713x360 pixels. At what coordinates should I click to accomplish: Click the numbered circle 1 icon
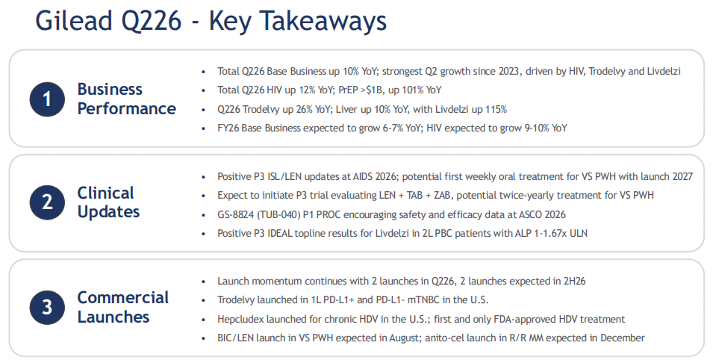coord(47,99)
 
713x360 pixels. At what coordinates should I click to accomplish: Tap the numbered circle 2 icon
coord(47,202)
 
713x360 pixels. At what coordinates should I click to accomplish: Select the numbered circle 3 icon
coord(47,307)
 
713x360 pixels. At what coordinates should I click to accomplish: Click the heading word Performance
coord(126,109)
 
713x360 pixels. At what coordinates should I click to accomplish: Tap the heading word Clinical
coord(105,193)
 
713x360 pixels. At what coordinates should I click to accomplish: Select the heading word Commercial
coord(122,298)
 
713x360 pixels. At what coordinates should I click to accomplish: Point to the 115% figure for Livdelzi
coord(495,109)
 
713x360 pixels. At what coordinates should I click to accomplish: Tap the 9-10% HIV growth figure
coord(537,128)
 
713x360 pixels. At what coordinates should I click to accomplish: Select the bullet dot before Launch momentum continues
coord(203,282)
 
